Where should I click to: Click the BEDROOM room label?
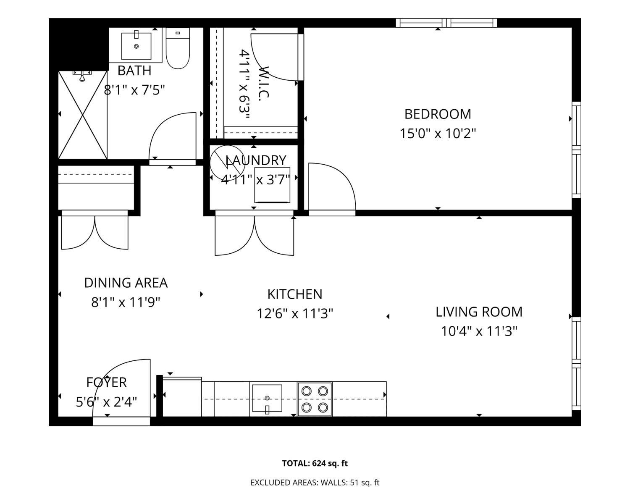coord(438,114)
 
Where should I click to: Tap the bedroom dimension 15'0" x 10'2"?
coord(438,134)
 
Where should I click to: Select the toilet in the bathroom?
coord(178,48)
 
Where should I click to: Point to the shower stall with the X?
coord(83,115)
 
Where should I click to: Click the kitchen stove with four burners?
coord(315,399)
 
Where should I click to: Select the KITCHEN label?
coord(295,294)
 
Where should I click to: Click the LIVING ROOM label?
coord(479,312)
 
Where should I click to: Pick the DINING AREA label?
coord(126,283)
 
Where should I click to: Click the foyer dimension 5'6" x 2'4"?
coord(106,402)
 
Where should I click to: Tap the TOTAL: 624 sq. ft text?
coord(315,463)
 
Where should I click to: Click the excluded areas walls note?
coord(315,483)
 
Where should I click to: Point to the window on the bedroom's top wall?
coord(446,23)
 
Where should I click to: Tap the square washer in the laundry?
coord(272,185)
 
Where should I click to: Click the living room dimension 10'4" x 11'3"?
coord(479,331)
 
